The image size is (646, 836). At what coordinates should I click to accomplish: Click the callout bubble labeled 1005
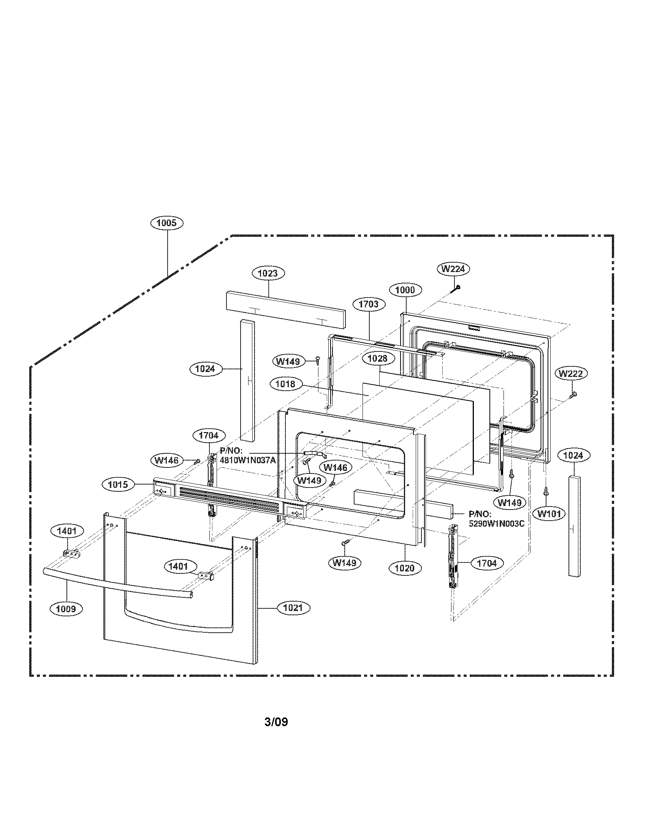[167, 223]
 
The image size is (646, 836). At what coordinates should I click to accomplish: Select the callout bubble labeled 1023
[268, 273]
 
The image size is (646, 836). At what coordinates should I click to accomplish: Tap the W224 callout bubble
[453, 269]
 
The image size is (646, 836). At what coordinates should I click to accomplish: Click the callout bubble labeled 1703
[369, 304]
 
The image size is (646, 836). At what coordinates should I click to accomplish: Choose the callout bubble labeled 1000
[405, 290]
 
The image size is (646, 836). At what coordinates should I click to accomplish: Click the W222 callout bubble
[571, 374]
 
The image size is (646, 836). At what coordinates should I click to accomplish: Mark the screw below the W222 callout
[573, 394]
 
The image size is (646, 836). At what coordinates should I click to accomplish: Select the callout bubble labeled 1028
[377, 358]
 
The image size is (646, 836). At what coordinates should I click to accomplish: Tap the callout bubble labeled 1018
[285, 383]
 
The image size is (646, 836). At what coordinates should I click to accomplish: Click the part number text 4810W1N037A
[248, 460]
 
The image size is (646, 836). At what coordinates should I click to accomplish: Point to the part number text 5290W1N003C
[496, 524]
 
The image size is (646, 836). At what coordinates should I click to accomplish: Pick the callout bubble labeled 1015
[118, 484]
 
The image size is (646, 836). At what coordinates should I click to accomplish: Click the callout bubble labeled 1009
[66, 609]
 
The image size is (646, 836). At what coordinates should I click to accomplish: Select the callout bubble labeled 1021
[293, 608]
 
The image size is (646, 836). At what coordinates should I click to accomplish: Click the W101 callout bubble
[549, 514]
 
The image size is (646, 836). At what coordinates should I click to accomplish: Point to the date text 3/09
[276, 722]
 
